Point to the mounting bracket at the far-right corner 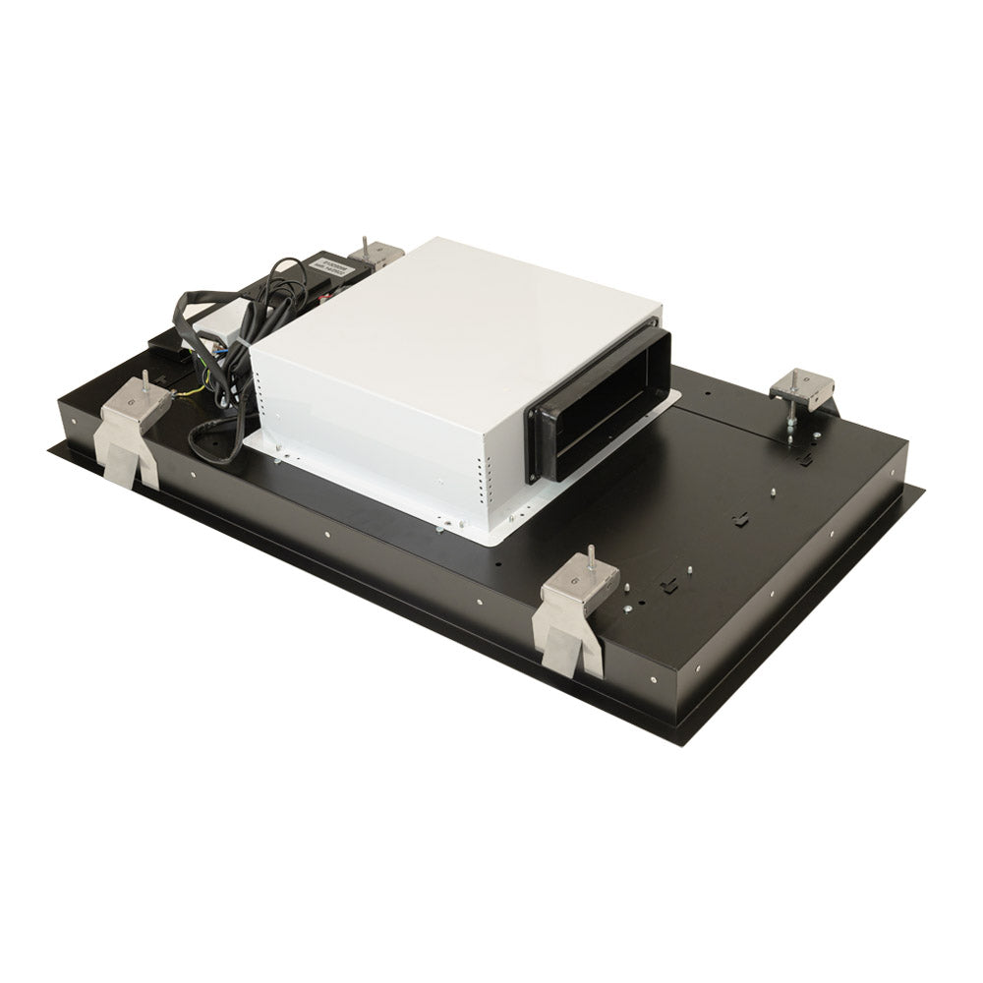pyautogui.click(x=801, y=387)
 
